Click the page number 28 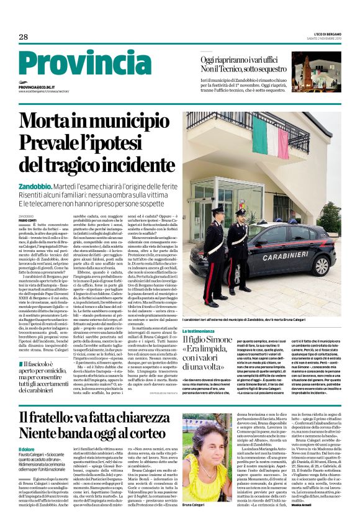(x=24, y=37)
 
